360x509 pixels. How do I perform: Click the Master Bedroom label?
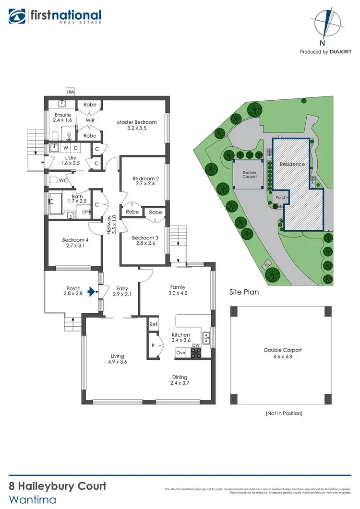tap(137, 125)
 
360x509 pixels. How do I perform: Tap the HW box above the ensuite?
tap(71, 92)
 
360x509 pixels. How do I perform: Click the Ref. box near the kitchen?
tap(153, 324)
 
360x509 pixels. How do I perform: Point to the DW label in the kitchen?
tap(195, 345)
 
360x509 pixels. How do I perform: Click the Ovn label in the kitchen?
tap(180, 353)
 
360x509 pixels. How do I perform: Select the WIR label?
tap(90, 120)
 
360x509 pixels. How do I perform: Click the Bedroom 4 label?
tap(75, 243)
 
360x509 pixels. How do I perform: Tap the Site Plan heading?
tap(241, 291)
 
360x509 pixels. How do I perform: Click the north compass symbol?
tap(326, 24)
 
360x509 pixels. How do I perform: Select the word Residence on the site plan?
tap(292, 164)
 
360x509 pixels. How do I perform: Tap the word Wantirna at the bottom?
tap(33, 499)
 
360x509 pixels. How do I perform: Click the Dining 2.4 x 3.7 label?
tap(180, 380)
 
